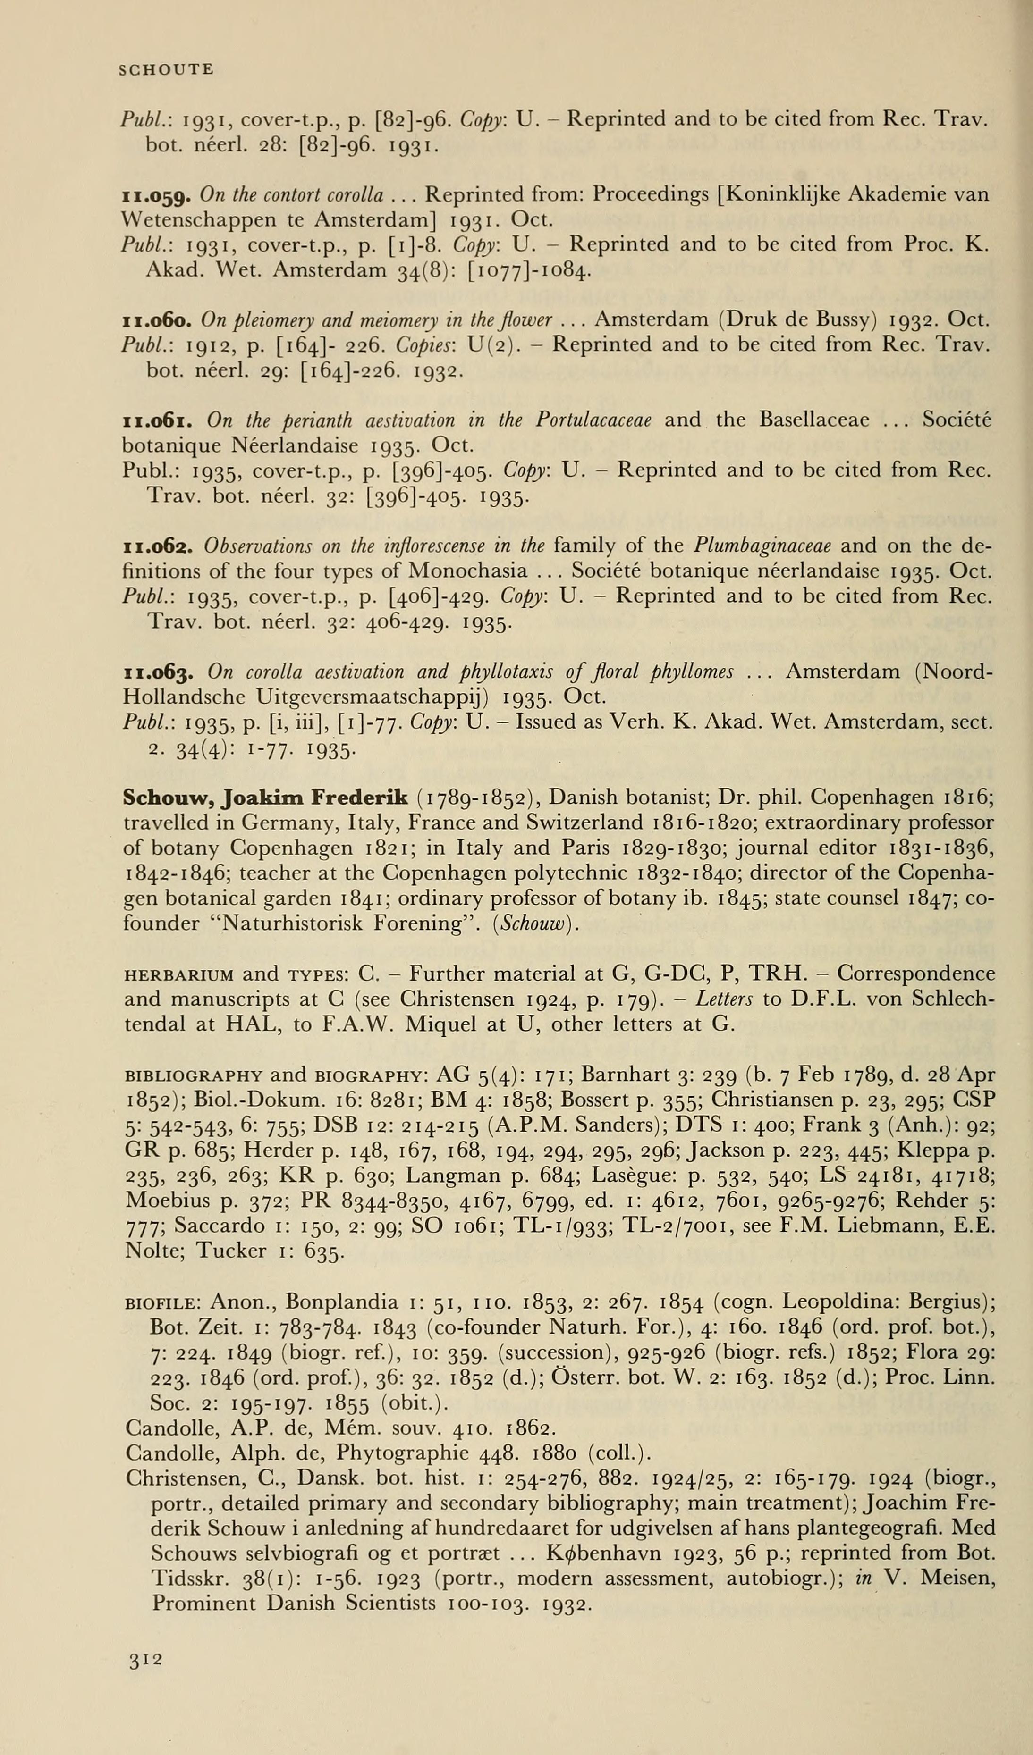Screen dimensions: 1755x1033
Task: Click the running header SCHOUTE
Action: pyautogui.click(x=166, y=70)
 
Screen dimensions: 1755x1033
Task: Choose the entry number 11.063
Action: pyautogui.click(x=158, y=673)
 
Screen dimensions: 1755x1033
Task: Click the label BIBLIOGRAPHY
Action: pyautogui.click(x=193, y=1075)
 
